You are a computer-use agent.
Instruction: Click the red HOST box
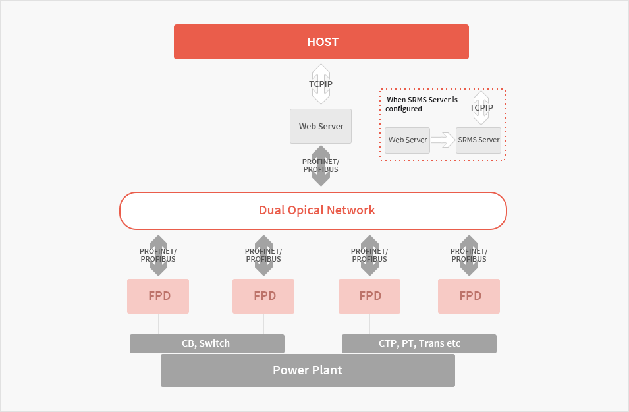[x=321, y=42]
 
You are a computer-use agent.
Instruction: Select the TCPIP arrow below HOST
[x=321, y=84]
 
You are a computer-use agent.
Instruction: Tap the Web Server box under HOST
[x=321, y=126]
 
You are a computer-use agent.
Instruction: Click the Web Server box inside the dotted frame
[x=407, y=140]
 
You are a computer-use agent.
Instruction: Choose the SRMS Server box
[x=479, y=140]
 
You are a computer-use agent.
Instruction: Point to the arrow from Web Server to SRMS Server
[x=443, y=140]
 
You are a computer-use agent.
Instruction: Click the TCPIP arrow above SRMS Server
[x=481, y=107]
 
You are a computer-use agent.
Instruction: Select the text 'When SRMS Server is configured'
[x=422, y=104]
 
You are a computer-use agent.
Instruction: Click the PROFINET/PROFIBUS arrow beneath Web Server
[x=321, y=165]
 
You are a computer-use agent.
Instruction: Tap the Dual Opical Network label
[x=317, y=210]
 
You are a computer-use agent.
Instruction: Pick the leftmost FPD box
[x=158, y=296]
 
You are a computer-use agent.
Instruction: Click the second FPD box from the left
[x=263, y=296]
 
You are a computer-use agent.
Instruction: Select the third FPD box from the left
[x=369, y=296]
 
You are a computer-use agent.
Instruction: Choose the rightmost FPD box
[x=469, y=296]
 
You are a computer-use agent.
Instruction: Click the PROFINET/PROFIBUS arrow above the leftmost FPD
[x=158, y=255]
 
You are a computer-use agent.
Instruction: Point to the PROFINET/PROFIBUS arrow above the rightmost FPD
[x=469, y=255]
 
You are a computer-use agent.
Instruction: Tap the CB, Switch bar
[x=207, y=343]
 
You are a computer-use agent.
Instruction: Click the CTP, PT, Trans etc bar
[x=419, y=343]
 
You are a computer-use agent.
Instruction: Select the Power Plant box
[x=308, y=370]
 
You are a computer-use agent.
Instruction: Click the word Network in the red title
[x=351, y=210]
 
